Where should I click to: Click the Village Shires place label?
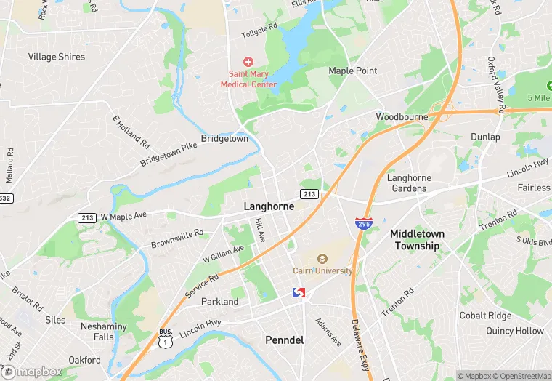point(56,57)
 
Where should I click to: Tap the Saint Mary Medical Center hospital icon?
point(248,63)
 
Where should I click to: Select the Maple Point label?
point(352,71)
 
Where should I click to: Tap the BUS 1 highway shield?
point(166,340)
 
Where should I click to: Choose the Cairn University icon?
point(322,258)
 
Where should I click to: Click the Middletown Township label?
point(417,239)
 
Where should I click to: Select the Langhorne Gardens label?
point(409,183)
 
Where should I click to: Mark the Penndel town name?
point(284,340)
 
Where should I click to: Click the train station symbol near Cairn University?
point(298,292)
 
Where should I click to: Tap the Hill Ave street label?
point(261,230)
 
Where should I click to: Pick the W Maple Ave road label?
point(123,216)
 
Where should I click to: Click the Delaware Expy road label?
point(359,340)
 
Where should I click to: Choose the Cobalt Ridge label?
point(485,316)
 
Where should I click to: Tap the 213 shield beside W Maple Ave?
point(88,217)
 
